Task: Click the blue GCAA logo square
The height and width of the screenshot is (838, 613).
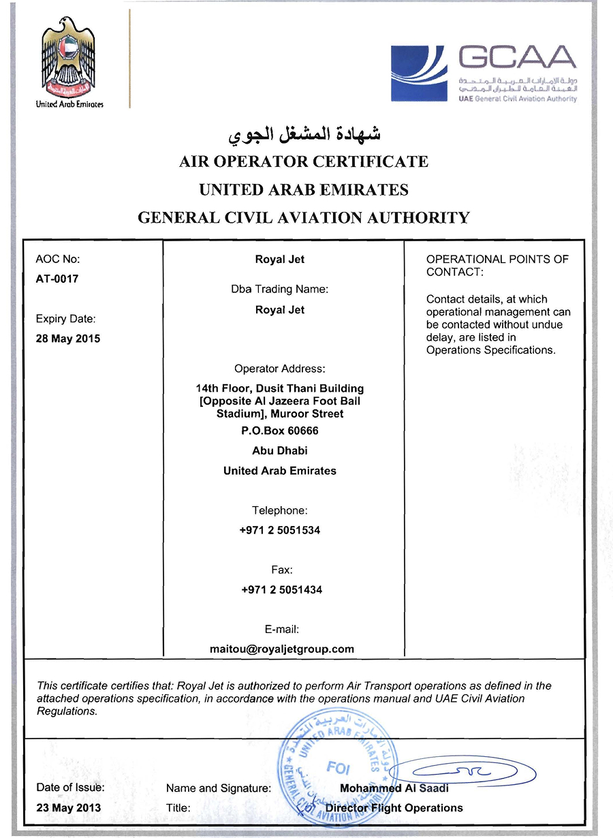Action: click(418, 74)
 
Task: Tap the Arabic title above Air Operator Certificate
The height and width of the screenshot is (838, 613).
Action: click(303, 134)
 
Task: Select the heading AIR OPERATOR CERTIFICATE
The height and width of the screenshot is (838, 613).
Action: click(303, 162)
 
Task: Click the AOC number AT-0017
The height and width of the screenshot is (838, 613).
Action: click(57, 279)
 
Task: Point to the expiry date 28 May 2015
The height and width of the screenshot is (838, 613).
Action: click(67, 339)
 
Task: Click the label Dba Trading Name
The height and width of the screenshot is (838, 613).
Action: click(279, 289)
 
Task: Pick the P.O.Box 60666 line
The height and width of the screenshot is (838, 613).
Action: click(279, 431)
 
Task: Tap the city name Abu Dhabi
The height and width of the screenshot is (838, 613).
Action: click(279, 450)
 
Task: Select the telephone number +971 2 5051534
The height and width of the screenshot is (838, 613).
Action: click(279, 530)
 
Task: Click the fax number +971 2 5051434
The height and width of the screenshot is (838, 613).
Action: click(281, 589)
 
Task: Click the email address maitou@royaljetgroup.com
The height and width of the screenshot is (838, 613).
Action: click(281, 649)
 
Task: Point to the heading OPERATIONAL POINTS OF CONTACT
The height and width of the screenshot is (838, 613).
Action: click(497, 266)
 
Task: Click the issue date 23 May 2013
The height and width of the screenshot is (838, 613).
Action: click(68, 808)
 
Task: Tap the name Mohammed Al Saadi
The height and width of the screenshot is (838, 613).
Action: click(394, 788)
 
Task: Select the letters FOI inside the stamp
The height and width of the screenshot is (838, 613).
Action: click(338, 768)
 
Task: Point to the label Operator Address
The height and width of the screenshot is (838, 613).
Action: click(279, 369)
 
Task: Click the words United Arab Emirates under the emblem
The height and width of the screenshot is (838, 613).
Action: click(69, 105)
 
